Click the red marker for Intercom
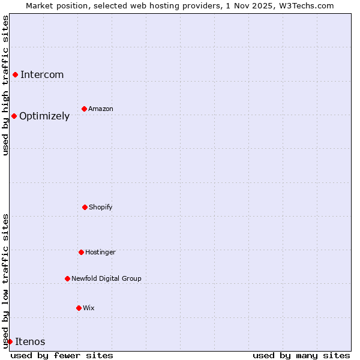click(15, 74)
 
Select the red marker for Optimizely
click(14, 116)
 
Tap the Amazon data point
click(84, 109)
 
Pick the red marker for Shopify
click(85, 207)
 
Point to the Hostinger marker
click(81, 252)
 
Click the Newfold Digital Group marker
click(67, 278)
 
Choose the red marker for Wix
click(79, 308)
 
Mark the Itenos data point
click(10, 341)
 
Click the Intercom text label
click(42, 74)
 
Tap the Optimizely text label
click(44, 116)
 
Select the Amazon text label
click(101, 109)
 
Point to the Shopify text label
click(101, 207)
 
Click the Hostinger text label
click(100, 252)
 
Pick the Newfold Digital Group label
click(106, 278)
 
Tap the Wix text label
click(89, 308)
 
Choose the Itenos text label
click(30, 341)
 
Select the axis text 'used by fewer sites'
click(62, 355)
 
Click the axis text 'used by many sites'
click(301, 355)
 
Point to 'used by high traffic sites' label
click(5, 85)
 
